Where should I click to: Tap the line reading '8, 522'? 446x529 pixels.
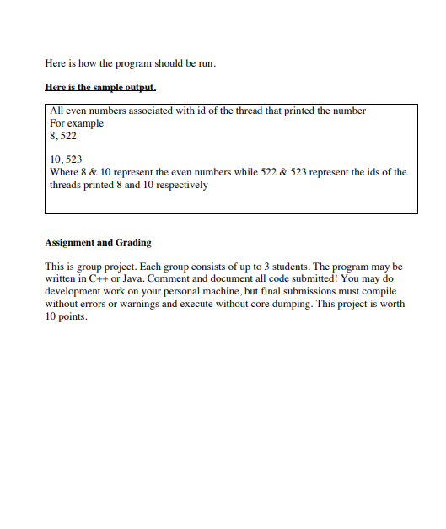click(63, 135)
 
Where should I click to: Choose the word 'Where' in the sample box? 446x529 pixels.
click(64, 172)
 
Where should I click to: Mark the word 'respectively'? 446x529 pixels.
click(180, 184)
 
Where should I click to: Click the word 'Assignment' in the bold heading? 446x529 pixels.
click(70, 242)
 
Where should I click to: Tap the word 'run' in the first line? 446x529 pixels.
click(207, 63)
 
